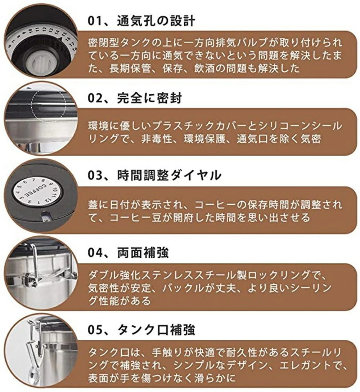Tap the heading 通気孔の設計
point(156,21)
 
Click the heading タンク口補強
point(156,330)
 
